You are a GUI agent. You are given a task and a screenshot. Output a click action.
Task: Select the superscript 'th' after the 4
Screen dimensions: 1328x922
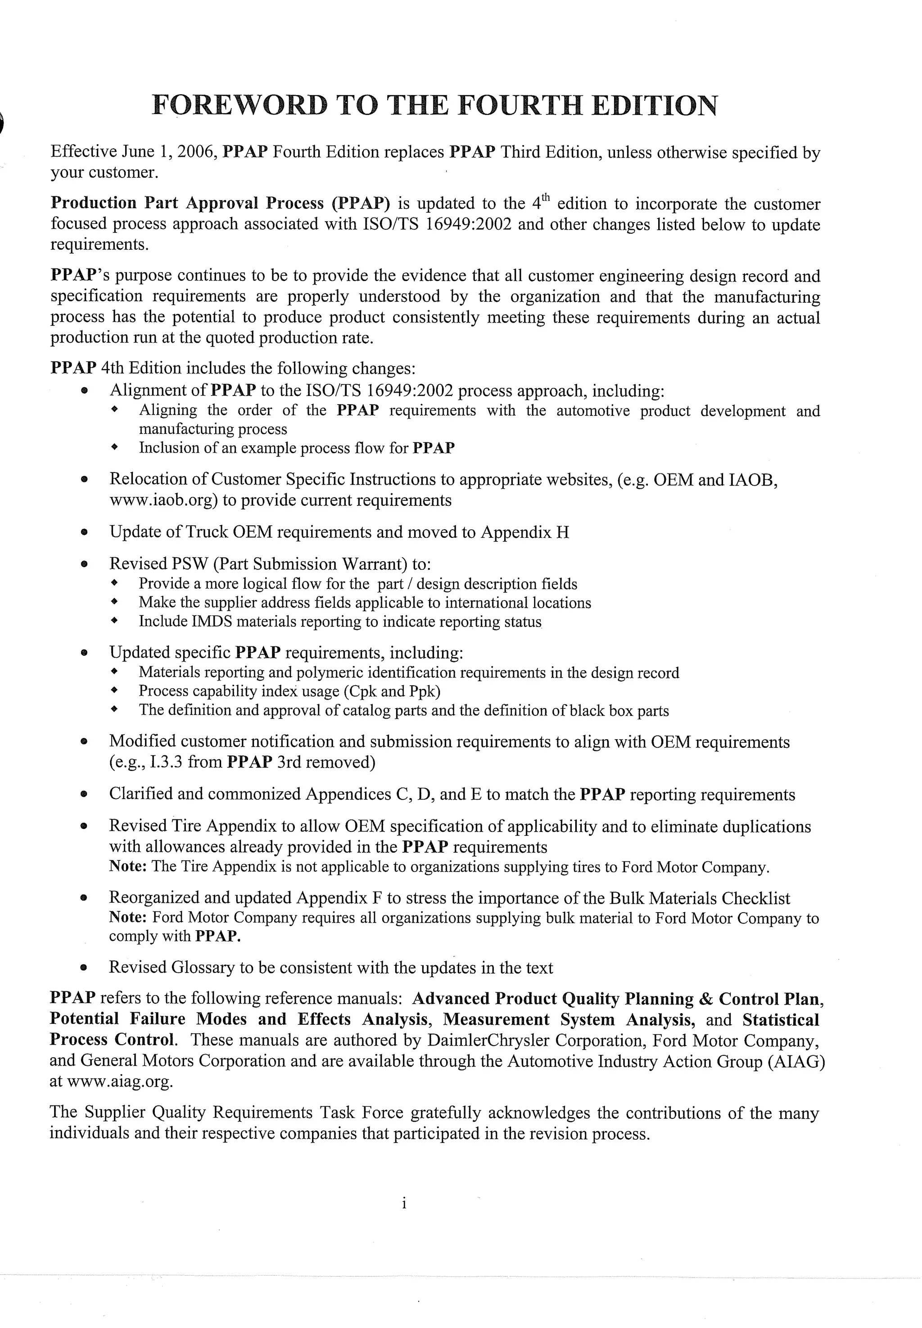pyautogui.click(x=547, y=198)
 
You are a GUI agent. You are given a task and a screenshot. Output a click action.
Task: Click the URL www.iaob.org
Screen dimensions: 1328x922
pyautogui.click(x=163, y=500)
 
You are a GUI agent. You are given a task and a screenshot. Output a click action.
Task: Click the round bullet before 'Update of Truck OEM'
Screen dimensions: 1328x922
pyautogui.click(x=84, y=532)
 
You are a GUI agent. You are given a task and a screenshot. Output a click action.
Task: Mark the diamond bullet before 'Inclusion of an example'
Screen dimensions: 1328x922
pyautogui.click(x=114, y=448)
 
